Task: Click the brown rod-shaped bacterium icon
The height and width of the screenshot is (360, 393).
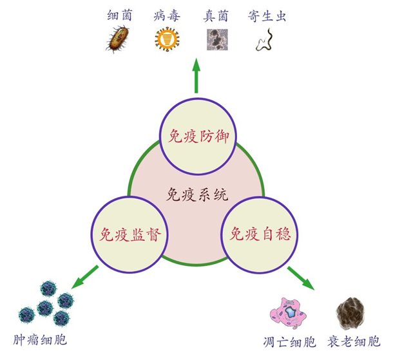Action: click(x=119, y=40)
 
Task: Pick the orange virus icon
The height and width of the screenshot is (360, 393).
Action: click(x=166, y=40)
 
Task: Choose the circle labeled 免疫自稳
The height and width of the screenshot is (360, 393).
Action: click(x=260, y=232)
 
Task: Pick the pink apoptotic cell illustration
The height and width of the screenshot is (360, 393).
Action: click(x=289, y=314)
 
